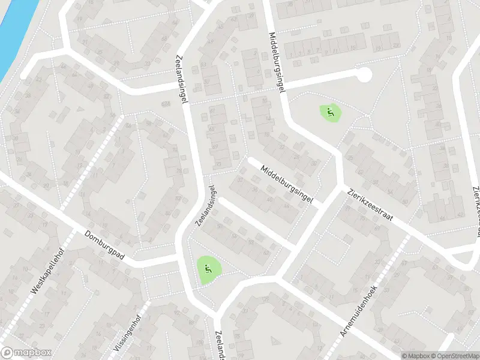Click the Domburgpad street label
coord(104,245)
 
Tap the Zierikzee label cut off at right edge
coord(473,207)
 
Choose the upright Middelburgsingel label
coord(276,61)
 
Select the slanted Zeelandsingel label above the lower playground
coord(205,206)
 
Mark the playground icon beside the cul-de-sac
coord(329,112)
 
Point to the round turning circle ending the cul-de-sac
coord(363,75)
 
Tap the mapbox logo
coord(26,353)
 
